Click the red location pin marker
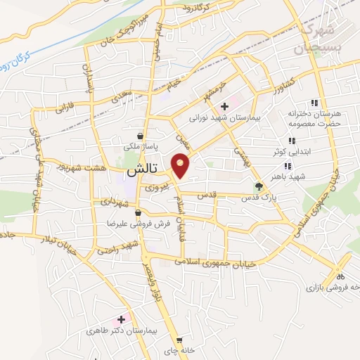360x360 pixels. [x=181, y=166]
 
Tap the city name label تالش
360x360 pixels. [x=138, y=171]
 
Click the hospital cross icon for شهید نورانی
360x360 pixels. [x=224, y=107]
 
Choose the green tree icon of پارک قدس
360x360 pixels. [x=259, y=186]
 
